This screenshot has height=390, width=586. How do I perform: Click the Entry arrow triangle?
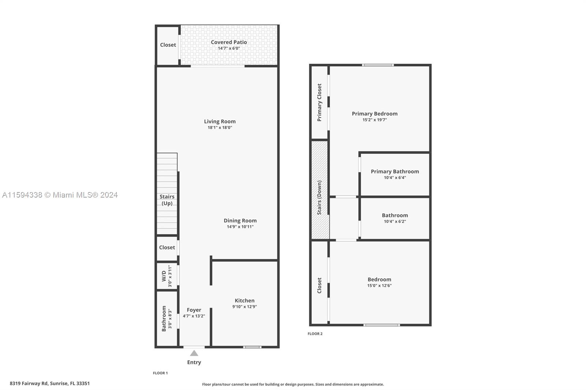pyautogui.click(x=194, y=353)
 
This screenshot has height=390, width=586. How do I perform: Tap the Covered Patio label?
pyautogui.click(x=229, y=42)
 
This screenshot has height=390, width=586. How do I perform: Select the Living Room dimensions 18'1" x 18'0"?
pyautogui.click(x=220, y=128)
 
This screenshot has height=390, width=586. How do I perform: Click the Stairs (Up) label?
pyautogui.click(x=167, y=200)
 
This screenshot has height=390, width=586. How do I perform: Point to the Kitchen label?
pyautogui.click(x=245, y=301)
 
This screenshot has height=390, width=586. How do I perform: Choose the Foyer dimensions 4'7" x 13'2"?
pyautogui.click(x=194, y=316)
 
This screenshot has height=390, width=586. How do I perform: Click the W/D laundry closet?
pyautogui.click(x=167, y=275)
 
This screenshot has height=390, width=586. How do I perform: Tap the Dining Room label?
pyautogui.click(x=240, y=221)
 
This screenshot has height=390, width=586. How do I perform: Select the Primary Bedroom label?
pyautogui.click(x=375, y=114)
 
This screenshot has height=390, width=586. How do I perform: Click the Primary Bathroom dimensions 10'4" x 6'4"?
pyautogui.click(x=395, y=178)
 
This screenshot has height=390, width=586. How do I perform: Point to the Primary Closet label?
pyautogui.click(x=319, y=102)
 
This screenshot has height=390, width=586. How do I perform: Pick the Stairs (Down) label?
pyautogui.click(x=319, y=198)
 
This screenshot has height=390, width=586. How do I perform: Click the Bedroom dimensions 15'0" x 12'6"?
pyautogui.click(x=379, y=286)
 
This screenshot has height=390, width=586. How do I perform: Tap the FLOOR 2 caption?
pyautogui.click(x=315, y=334)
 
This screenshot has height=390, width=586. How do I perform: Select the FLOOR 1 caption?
pyautogui.click(x=160, y=373)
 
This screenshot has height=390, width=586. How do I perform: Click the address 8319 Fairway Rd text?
pyautogui.click(x=29, y=383)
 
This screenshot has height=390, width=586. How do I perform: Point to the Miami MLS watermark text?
pyautogui.click(x=60, y=195)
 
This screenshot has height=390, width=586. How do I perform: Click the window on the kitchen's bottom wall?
pyautogui.click(x=252, y=347)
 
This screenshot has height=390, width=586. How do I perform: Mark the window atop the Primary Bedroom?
pyautogui.click(x=378, y=65)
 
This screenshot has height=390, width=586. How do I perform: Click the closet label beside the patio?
pyautogui.click(x=168, y=45)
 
